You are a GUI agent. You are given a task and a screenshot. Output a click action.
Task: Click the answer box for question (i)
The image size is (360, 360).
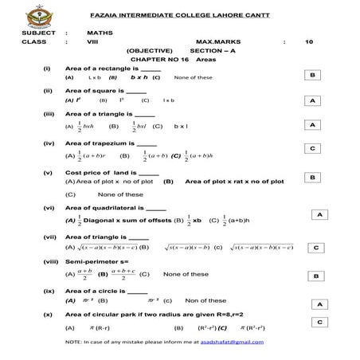314,74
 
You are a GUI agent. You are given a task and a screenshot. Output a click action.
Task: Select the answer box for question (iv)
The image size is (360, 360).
314,149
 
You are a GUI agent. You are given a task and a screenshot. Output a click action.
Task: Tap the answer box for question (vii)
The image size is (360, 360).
316,247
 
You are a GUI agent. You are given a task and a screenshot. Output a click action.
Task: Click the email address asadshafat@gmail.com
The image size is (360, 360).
231,341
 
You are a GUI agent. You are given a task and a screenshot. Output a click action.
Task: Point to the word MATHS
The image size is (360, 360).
98,32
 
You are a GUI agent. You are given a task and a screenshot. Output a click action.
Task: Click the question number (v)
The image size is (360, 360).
49,173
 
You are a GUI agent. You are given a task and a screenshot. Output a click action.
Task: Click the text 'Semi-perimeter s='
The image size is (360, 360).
96,261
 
